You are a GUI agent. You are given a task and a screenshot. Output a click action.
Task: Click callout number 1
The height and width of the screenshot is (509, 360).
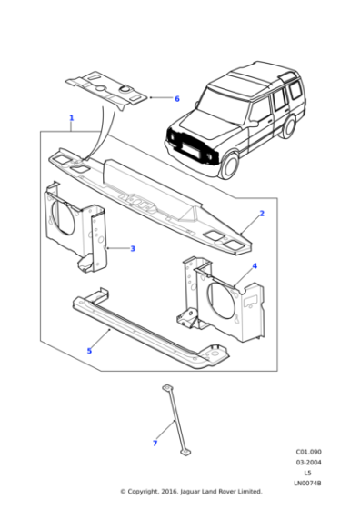pyautogui.click(x=72, y=118)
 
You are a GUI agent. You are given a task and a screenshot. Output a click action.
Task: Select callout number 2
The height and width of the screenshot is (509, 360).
pyautogui.click(x=262, y=214)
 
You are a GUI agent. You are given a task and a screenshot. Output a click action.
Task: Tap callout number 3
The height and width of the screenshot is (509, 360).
pyautogui.click(x=133, y=248)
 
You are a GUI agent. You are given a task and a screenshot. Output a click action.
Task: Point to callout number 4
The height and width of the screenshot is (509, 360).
pyautogui.click(x=255, y=266)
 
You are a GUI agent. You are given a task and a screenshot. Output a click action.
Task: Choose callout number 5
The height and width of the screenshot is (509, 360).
pyautogui.click(x=89, y=350)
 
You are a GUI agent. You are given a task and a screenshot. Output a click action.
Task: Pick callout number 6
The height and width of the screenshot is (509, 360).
pyautogui.click(x=177, y=98)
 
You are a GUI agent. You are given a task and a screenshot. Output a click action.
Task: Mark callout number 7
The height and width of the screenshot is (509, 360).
pyautogui.click(x=155, y=443)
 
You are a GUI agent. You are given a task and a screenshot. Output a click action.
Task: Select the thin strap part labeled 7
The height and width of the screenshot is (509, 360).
pyautogui.click(x=174, y=418)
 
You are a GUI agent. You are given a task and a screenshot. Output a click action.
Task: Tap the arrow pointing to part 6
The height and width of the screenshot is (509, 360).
pyautogui.click(x=161, y=97)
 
